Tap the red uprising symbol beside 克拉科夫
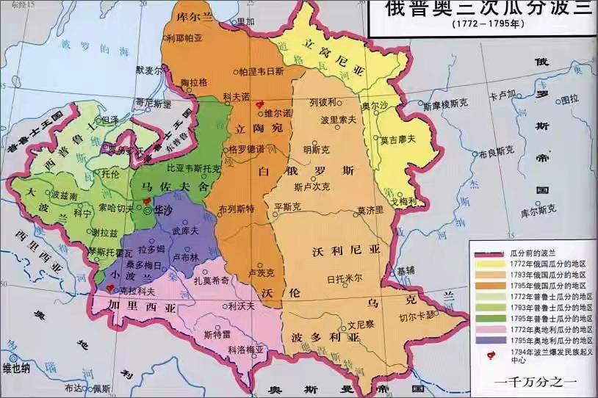click(x=111, y=289)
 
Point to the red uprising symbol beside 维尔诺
click(x=258, y=106)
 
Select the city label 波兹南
click(x=64, y=196)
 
